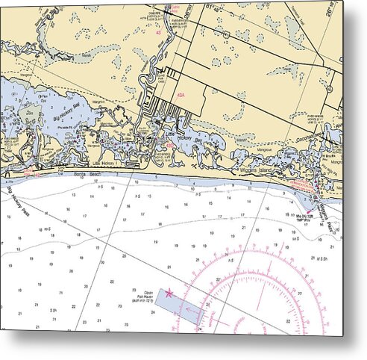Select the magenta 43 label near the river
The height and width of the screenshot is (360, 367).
point(158,34)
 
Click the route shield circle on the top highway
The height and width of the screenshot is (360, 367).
point(225,34)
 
